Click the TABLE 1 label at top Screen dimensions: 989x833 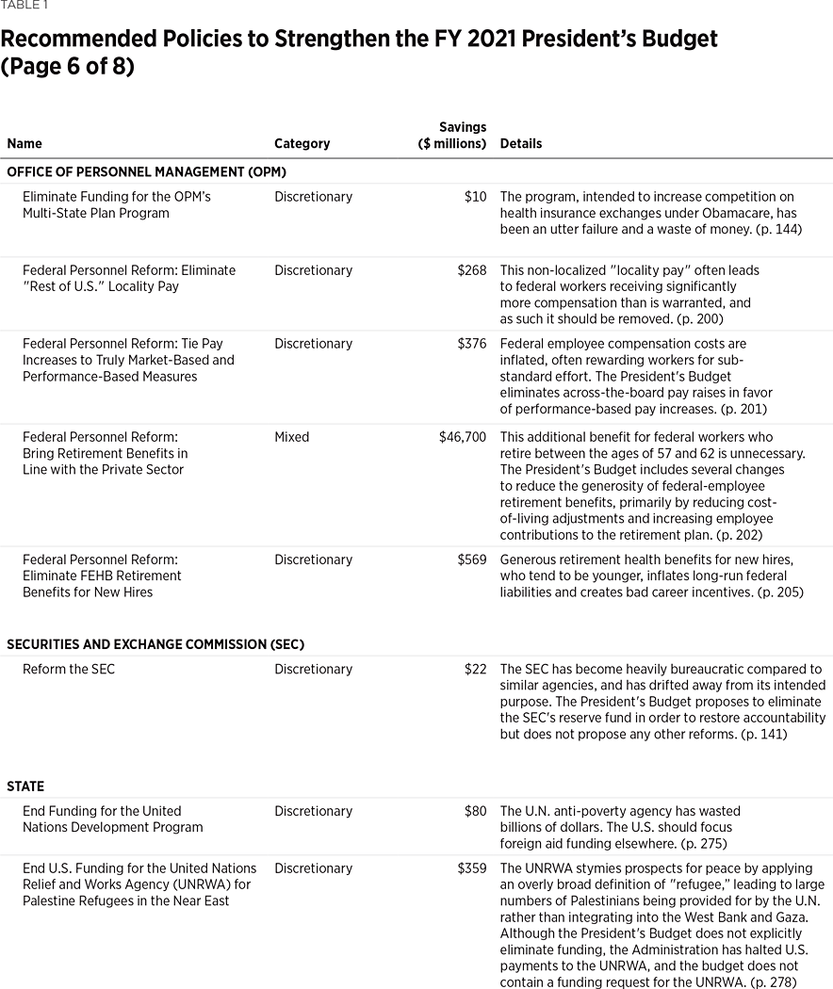[x=24, y=6]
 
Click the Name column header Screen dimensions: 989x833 [x=24, y=144]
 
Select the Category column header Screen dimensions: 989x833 [x=302, y=144]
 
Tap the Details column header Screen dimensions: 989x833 [x=520, y=144]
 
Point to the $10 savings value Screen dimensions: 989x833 [x=476, y=197]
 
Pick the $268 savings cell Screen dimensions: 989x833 [x=471, y=270]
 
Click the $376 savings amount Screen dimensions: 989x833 [x=471, y=344]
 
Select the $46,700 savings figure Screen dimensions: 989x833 [x=463, y=437]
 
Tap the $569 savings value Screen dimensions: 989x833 [x=471, y=559]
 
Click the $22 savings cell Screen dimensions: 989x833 [x=475, y=670]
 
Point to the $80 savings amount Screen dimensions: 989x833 [x=475, y=811]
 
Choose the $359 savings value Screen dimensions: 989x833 [x=471, y=868]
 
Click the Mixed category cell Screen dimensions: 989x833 [x=291, y=437]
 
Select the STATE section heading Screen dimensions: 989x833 [x=25, y=786]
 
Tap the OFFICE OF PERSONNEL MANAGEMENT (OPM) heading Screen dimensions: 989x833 [x=146, y=171]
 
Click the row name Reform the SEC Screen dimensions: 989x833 [x=69, y=670]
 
